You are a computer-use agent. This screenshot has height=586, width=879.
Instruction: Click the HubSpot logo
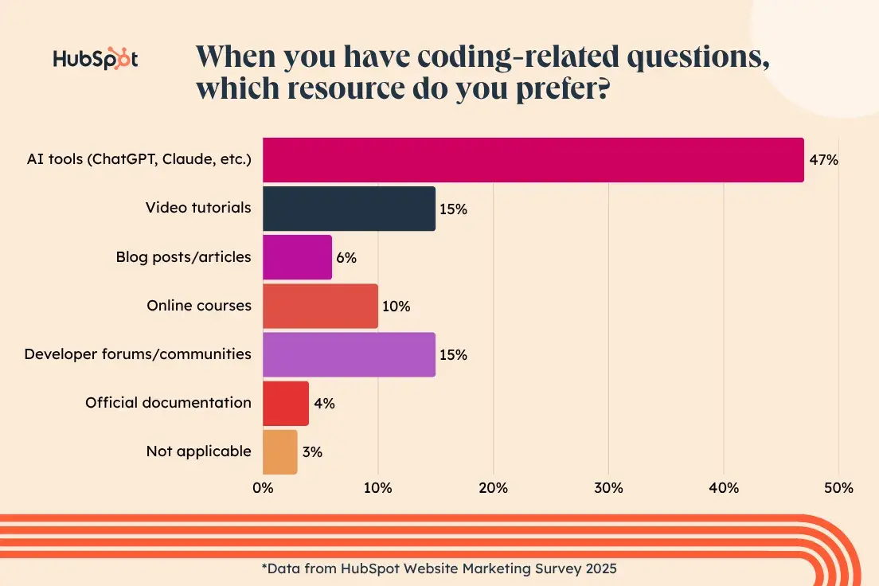(95, 60)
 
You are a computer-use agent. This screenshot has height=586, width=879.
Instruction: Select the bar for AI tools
(533, 160)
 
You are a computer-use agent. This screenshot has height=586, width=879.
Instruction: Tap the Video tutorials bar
(349, 209)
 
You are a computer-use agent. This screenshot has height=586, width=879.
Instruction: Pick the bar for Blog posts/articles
(297, 257)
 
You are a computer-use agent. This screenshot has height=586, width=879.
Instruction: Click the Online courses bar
(320, 306)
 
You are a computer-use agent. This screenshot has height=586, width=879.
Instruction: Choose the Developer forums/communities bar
(349, 354)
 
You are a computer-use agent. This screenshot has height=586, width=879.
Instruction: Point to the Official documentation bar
(285, 403)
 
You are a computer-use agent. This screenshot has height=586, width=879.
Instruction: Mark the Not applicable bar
(279, 451)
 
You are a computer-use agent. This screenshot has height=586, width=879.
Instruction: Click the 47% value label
(824, 160)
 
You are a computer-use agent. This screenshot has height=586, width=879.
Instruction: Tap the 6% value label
(346, 257)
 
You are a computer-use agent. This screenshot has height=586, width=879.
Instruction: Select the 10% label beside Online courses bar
(396, 306)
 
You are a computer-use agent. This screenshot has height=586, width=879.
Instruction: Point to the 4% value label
(324, 403)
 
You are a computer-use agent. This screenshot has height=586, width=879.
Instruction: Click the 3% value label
(312, 451)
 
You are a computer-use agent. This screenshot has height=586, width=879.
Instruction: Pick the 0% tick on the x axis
(263, 488)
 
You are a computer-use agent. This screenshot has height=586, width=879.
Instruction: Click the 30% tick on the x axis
(608, 488)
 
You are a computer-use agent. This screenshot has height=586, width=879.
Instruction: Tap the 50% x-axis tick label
(838, 488)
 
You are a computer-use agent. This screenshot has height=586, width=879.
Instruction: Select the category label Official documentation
(168, 403)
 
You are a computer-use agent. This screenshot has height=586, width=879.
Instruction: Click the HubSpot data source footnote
(439, 568)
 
